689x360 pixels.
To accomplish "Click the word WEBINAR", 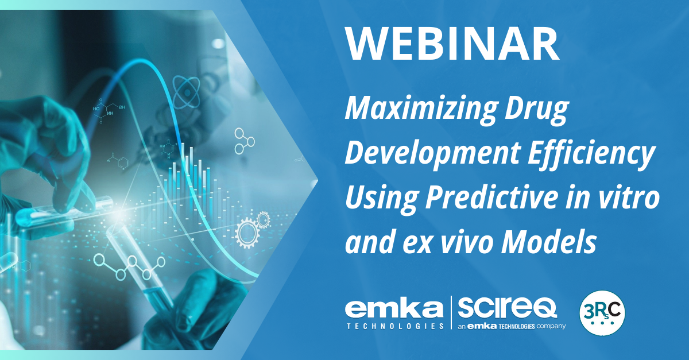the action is click(x=452, y=44).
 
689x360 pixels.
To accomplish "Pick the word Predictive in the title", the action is click(x=491, y=198).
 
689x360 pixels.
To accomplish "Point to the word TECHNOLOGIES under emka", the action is click(x=395, y=326).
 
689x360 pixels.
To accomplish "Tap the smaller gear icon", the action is click(x=264, y=220).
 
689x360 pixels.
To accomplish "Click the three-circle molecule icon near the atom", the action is click(x=244, y=141).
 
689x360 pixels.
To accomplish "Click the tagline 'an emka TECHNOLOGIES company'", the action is click(x=512, y=326).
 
